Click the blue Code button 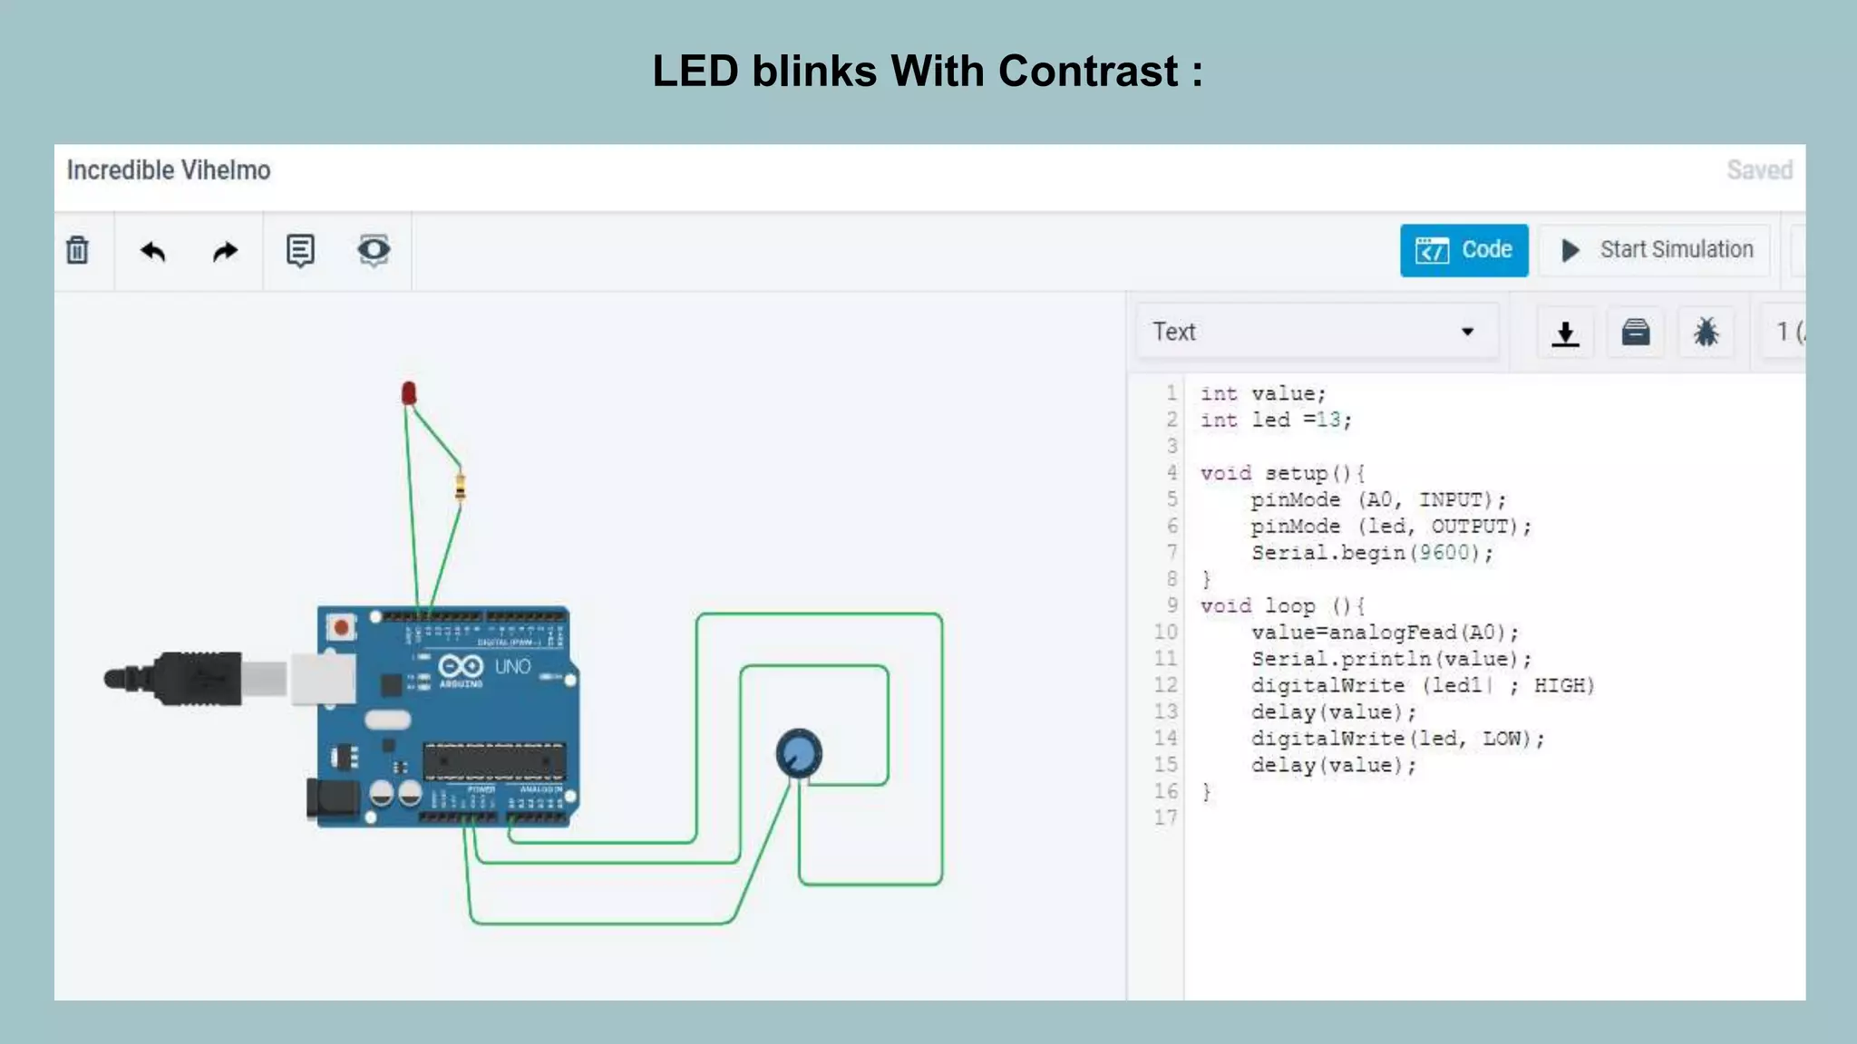pos(1463,250)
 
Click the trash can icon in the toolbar pos(78,250)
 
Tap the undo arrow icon pos(152,251)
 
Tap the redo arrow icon pos(225,251)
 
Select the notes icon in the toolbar pos(300,250)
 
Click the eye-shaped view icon pos(374,250)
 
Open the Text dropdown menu pos(1316,332)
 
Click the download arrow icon pos(1565,333)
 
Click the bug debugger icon pos(1706,332)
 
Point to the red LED pos(409,392)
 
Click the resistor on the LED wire pos(461,487)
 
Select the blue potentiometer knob pos(799,752)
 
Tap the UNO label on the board pos(512,667)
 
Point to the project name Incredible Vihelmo pos(169,170)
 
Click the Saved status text pos(1759,170)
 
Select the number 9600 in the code pos(1444,553)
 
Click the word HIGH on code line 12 pos(1563,685)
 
